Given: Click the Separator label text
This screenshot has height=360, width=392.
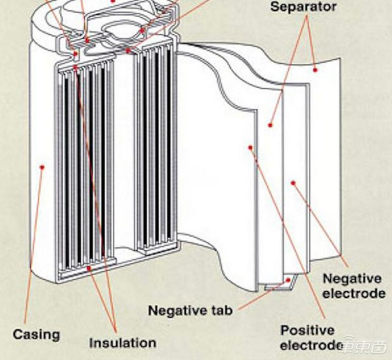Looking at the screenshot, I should pos(303,7).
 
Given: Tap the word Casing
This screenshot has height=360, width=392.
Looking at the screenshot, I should pos(36,335).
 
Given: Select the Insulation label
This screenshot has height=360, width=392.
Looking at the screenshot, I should pos(122,342).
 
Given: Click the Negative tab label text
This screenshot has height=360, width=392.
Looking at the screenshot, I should pos(190,310).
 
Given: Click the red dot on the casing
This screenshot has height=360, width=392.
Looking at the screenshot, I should pos(42,167).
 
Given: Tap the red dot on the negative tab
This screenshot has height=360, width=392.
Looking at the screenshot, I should pos(289,281).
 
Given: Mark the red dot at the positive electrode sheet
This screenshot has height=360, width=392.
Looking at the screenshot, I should pos(250,147).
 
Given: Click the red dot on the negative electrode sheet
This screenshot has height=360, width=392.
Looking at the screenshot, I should pos(293,182).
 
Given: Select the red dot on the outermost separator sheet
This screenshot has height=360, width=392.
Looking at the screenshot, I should pos(316,70).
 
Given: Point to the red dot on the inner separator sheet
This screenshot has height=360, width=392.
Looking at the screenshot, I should pos(270,125).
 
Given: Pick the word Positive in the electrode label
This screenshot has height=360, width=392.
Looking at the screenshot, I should pos(308,330).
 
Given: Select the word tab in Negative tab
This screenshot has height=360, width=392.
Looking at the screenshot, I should pos(222,310).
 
